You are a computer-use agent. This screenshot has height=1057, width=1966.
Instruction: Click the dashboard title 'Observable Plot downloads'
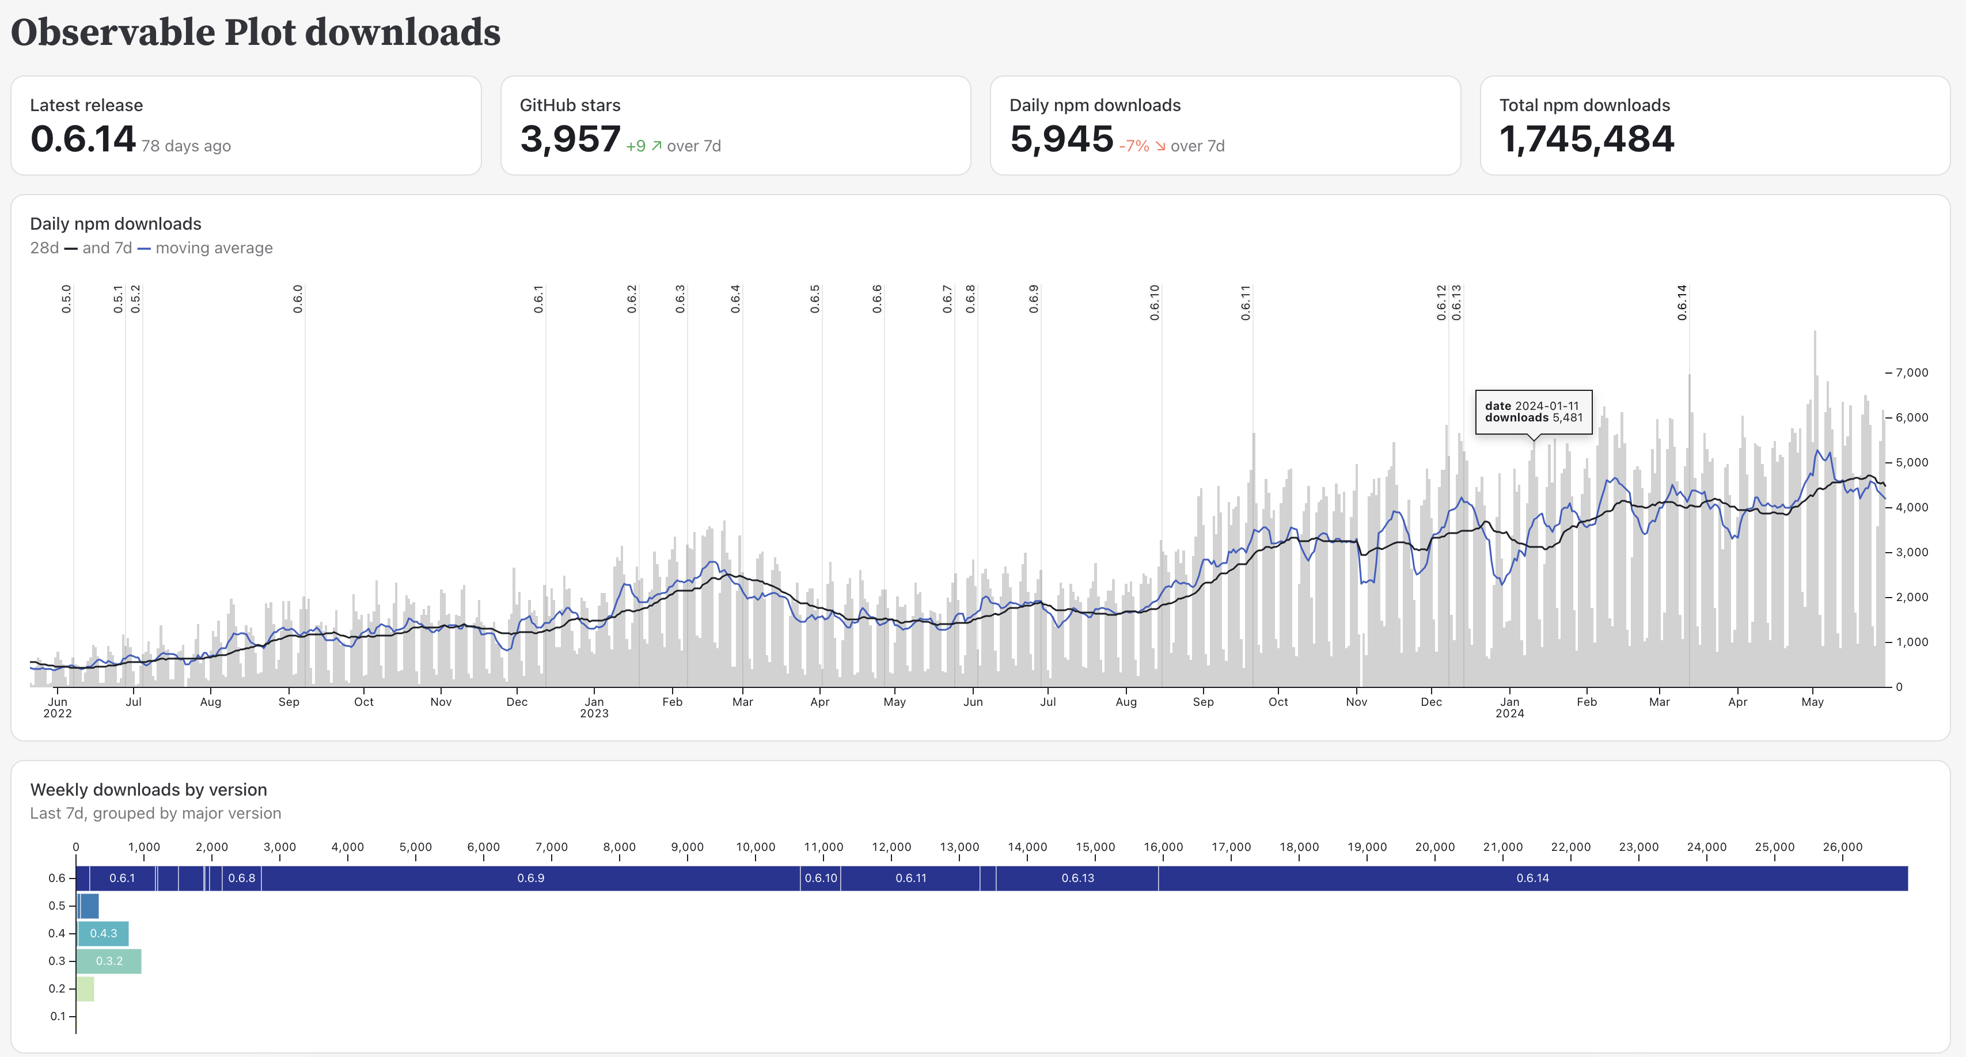tap(256, 33)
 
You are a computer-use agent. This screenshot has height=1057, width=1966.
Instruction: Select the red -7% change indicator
tap(1134, 146)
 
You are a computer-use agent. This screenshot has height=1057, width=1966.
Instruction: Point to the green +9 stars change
tap(636, 146)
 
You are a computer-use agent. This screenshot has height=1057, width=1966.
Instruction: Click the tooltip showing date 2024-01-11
tap(1534, 412)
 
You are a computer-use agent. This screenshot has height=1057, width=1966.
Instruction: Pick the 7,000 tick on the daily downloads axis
tap(1911, 372)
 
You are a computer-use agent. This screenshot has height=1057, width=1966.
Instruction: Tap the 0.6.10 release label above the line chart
tap(1155, 302)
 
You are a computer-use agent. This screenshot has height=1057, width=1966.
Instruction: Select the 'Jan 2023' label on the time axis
tap(594, 708)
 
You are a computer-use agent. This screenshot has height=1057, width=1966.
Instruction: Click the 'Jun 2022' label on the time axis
tap(57, 708)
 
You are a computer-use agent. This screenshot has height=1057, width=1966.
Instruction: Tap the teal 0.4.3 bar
tap(103, 933)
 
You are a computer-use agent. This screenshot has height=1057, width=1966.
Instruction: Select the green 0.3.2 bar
tap(109, 961)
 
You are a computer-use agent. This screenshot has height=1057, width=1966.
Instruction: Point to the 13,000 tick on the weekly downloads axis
tap(959, 847)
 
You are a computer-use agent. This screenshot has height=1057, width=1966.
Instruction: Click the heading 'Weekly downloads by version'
tap(148, 789)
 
